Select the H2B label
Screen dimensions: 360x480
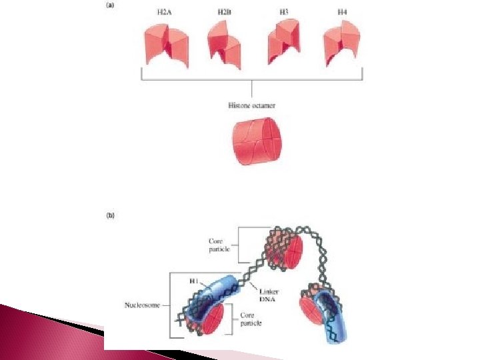pyautogui.click(x=223, y=12)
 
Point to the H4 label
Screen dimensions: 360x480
pyautogui.click(x=341, y=12)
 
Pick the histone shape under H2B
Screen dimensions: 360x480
pyautogui.click(x=225, y=43)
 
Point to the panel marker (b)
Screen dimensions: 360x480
pyautogui.click(x=110, y=215)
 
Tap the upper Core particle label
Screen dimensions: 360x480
pyautogui.click(x=219, y=245)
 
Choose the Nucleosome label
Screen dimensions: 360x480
pyautogui.click(x=143, y=306)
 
